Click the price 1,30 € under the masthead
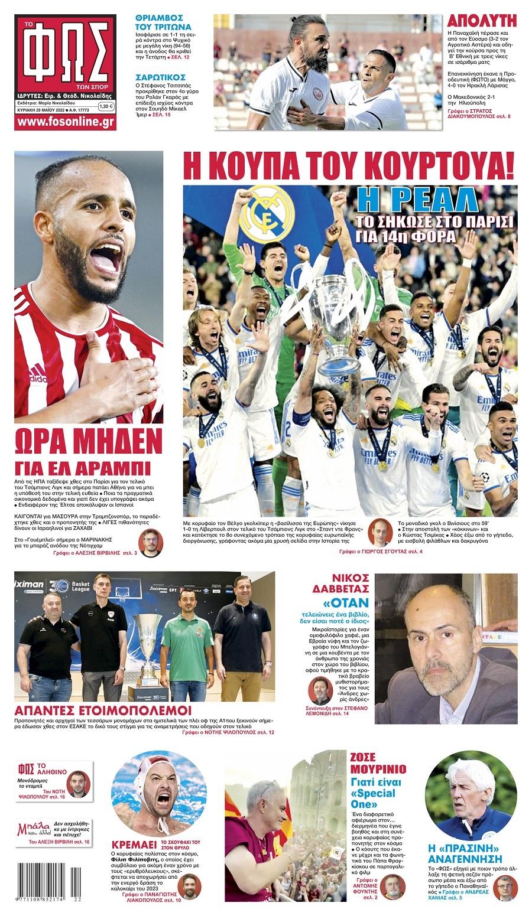click(x=106, y=106)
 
